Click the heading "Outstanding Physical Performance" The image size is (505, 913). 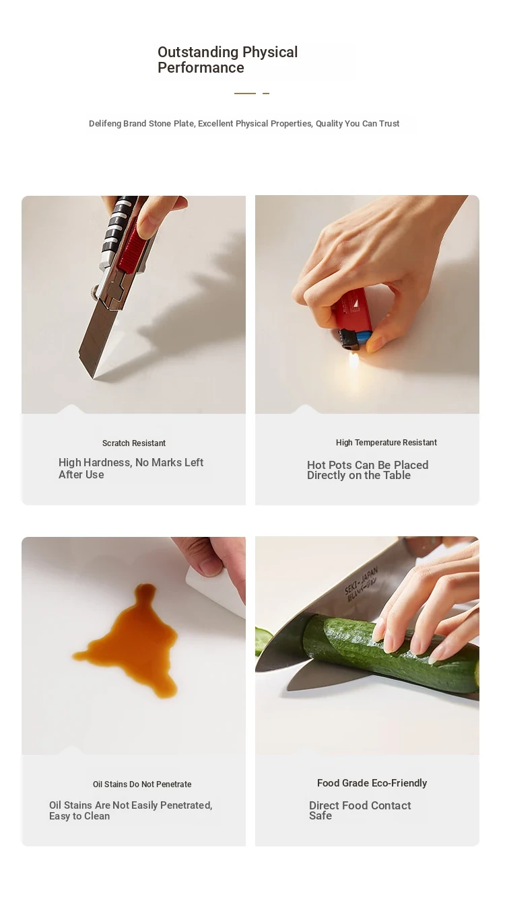[228, 60]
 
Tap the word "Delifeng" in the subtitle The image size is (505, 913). [105, 124]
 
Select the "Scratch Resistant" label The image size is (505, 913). [134, 443]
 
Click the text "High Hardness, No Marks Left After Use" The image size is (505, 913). [131, 468]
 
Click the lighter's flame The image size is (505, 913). [353, 361]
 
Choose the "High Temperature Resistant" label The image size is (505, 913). [386, 443]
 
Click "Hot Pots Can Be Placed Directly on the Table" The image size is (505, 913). [368, 470]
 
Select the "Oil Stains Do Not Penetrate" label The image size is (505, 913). [142, 784]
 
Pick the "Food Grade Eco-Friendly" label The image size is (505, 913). [372, 783]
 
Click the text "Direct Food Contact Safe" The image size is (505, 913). [360, 810]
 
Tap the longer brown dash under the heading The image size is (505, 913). [244, 94]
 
